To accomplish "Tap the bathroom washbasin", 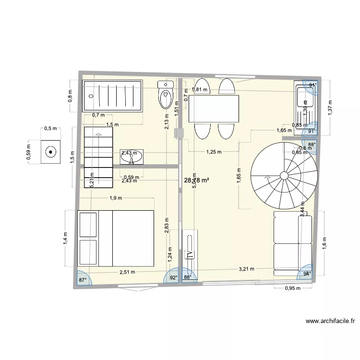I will [131, 156].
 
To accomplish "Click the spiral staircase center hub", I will [284, 176].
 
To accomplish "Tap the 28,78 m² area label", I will [197, 180].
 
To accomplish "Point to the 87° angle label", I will [83, 280].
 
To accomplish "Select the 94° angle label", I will [307, 274].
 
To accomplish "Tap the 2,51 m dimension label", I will [127, 272].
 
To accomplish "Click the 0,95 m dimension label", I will [292, 288].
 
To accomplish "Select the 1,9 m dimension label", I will [115, 198].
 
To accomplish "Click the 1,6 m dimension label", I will [324, 243].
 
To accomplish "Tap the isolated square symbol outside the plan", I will [50, 152].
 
